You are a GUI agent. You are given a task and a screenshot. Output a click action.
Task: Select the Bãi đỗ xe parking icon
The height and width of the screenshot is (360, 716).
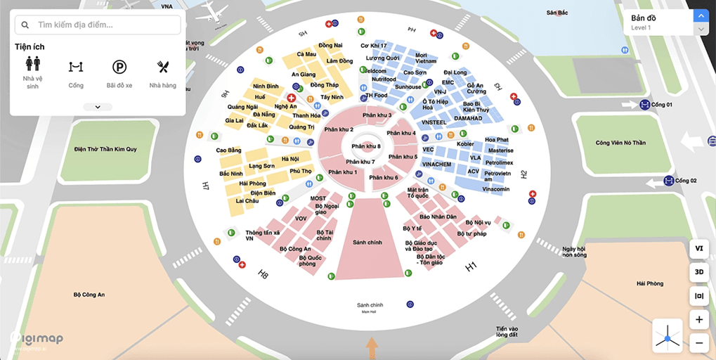pos(119,67)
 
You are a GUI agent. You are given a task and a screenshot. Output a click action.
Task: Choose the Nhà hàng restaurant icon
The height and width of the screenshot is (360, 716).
pos(163,67)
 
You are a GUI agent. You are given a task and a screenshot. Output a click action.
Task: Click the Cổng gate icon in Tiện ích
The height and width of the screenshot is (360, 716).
pos(76,67)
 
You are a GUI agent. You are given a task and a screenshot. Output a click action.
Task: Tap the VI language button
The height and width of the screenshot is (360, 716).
pos(698,248)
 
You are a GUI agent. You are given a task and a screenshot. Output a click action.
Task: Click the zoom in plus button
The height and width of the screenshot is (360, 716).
pos(698,319)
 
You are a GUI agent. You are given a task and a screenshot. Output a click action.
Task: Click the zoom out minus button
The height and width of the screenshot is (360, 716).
pos(698,343)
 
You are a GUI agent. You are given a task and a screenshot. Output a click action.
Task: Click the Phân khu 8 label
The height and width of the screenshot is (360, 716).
pos(366,146)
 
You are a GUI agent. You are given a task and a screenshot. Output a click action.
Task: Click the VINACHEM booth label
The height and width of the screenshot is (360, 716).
pos(436,165)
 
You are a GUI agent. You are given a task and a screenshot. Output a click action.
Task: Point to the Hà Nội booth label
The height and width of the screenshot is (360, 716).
pos(289,159)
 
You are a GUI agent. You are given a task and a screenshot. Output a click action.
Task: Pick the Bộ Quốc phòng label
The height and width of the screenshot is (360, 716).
pos(311,261)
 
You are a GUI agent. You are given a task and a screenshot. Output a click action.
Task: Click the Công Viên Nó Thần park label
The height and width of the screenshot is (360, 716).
pos(620,143)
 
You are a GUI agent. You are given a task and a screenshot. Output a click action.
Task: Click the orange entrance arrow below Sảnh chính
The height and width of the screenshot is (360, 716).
pos(372,348)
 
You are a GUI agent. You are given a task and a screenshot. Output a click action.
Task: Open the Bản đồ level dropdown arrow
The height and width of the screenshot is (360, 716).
pos(701,15)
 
